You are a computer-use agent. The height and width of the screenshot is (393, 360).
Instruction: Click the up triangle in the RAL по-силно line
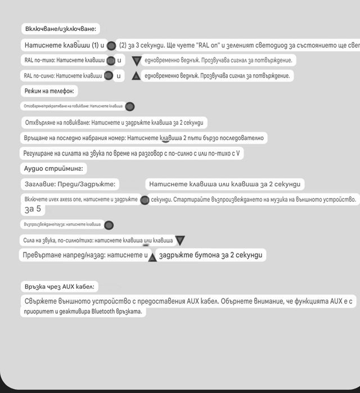[136, 76]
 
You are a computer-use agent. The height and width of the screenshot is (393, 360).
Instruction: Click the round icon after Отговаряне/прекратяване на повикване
[129, 106]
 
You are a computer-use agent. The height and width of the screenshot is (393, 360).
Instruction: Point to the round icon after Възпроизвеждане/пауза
[109, 225]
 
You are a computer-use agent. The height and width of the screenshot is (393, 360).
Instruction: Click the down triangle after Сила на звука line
[179, 241]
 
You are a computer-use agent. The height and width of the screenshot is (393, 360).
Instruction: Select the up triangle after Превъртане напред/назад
[152, 256]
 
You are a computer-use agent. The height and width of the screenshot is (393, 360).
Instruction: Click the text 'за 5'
[33, 210]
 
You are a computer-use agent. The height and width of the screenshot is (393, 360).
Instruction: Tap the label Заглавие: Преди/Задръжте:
[70, 184]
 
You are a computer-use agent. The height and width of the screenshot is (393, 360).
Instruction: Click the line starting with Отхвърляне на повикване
[114, 123]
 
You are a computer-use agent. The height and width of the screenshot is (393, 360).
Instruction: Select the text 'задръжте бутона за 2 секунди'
[211, 255]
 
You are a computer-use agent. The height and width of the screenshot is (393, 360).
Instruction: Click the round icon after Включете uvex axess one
[144, 200]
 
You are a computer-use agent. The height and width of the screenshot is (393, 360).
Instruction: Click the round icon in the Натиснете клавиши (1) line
[111, 46]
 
